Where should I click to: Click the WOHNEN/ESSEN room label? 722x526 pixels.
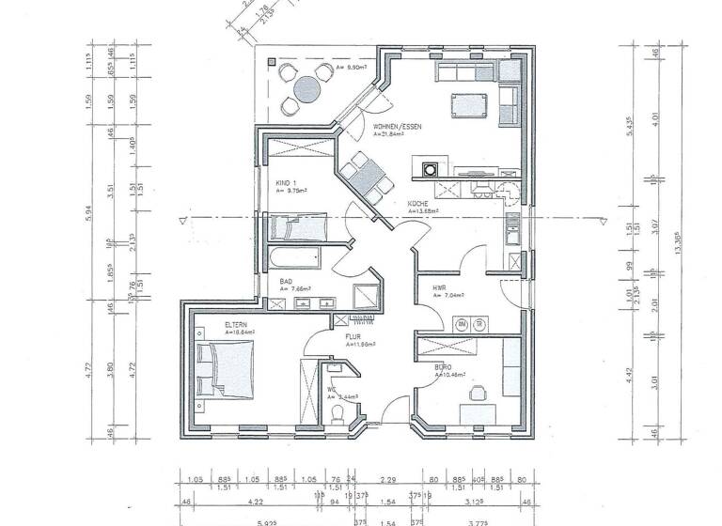click(396, 126)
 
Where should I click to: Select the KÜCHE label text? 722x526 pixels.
click(417, 204)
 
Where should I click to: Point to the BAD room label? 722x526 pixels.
click(286, 281)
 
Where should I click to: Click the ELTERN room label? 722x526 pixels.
click(235, 325)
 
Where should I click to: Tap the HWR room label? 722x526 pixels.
click(438, 287)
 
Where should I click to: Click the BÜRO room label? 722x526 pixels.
click(442, 367)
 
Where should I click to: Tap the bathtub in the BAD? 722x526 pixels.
click(293, 256)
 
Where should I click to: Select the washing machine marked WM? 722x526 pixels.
click(462, 323)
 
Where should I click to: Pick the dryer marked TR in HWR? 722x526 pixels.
click(479, 323)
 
